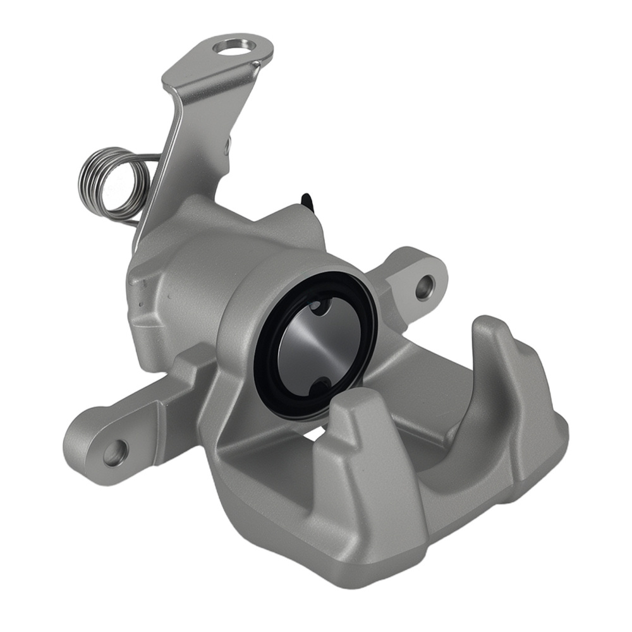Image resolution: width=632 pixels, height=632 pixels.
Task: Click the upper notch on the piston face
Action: tap(319, 306)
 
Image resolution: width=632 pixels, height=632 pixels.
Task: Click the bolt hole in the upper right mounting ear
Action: tap(425, 288)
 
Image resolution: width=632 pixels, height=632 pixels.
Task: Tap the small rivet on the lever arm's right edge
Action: tap(228, 145)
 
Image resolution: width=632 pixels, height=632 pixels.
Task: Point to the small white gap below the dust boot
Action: tap(314, 435)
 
